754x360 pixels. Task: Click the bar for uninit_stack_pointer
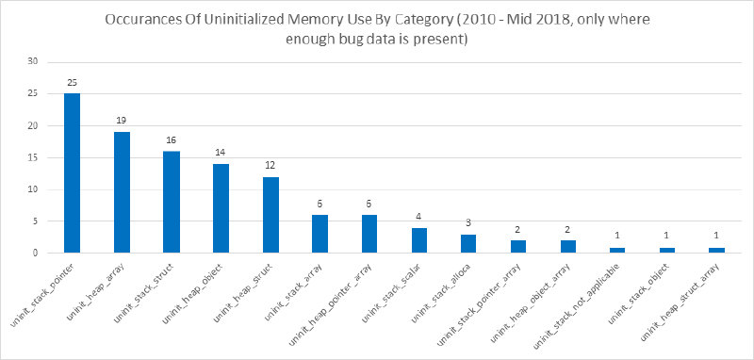(x=73, y=173)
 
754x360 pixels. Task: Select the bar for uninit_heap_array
(x=122, y=192)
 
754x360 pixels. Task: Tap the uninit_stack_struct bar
(x=172, y=202)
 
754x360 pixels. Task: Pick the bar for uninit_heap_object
(x=221, y=208)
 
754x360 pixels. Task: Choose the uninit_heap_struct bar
(x=270, y=215)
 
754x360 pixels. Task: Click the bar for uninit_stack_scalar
(x=419, y=240)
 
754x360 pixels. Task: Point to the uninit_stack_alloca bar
(x=468, y=243)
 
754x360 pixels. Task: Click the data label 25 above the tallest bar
(x=73, y=83)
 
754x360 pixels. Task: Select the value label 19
(x=122, y=121)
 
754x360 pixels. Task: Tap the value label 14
(x=221, y=153)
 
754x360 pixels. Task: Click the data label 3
(x=468, y=223)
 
